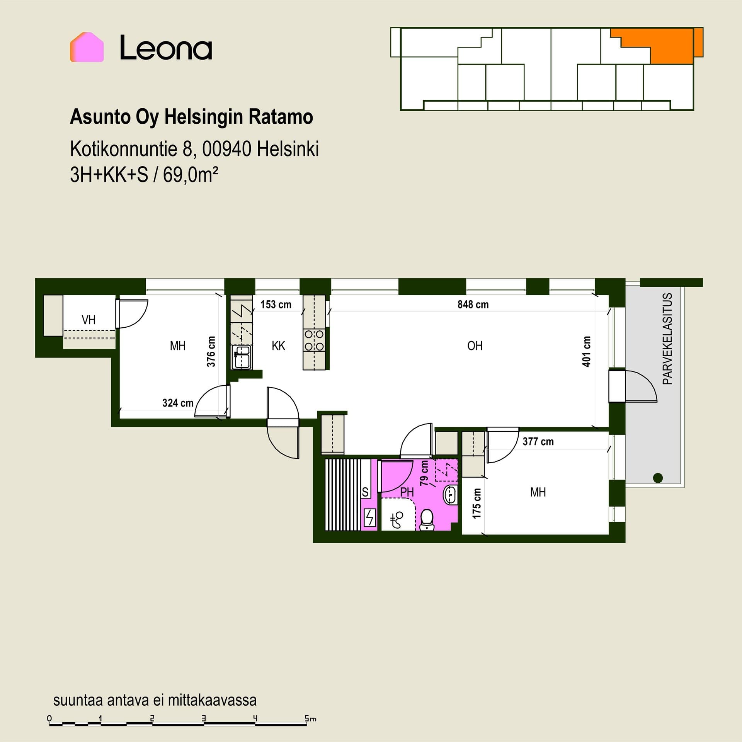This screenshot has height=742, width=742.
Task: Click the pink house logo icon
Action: pyautogui.click(x=87, y=47)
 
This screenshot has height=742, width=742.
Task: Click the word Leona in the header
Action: pyautogui.click(x=166, y=48)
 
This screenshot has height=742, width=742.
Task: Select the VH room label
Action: pyautogui.click(x=88, y=320)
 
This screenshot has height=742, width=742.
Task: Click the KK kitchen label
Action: pyautogui.click(x=278, y=346)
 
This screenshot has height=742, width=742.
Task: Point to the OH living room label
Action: pyautogui.click(x=475, y=346)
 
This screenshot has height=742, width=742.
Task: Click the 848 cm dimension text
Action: pyautogui.click(x=473, y=305)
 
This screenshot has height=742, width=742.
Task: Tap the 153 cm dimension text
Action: pyautogui.click(x=276, y=305)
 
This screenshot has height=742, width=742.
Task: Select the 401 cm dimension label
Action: pyautogui.click(x=586, y=351)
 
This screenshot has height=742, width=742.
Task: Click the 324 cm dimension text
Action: pyautogui.click(x=178, y=403)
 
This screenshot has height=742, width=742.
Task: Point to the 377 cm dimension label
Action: pyautogui.click(x=538, y=442)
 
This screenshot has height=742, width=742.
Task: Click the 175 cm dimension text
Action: pyautogui.click(x=477, y=504)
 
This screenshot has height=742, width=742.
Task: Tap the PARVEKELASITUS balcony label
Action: pyautogui.click(x=667, y=339)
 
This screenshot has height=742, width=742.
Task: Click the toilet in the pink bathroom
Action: pyautogui.click(x=427, y=520)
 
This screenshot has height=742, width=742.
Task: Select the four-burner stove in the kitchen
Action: pyautogui.click(x=314, y=340)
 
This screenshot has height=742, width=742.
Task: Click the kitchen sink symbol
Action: pyautogui.click(x=242, y=357)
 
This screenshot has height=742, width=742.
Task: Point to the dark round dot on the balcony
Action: pyautogui.click(x=658, y=478)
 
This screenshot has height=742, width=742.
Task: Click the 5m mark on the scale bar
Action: pyautogui.click(x=310, y=719)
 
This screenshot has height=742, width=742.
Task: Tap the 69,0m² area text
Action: pyautogui.click(x=191, y=175)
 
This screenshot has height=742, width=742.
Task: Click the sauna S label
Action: pyautogui.click(x=365, y=492)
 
